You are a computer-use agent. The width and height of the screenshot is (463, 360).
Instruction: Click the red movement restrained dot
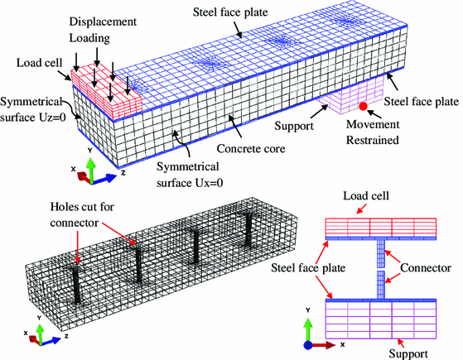point(363,106)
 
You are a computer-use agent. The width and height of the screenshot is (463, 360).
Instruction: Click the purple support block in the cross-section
point(381,319)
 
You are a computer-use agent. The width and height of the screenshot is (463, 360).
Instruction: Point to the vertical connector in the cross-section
point(381,269)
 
